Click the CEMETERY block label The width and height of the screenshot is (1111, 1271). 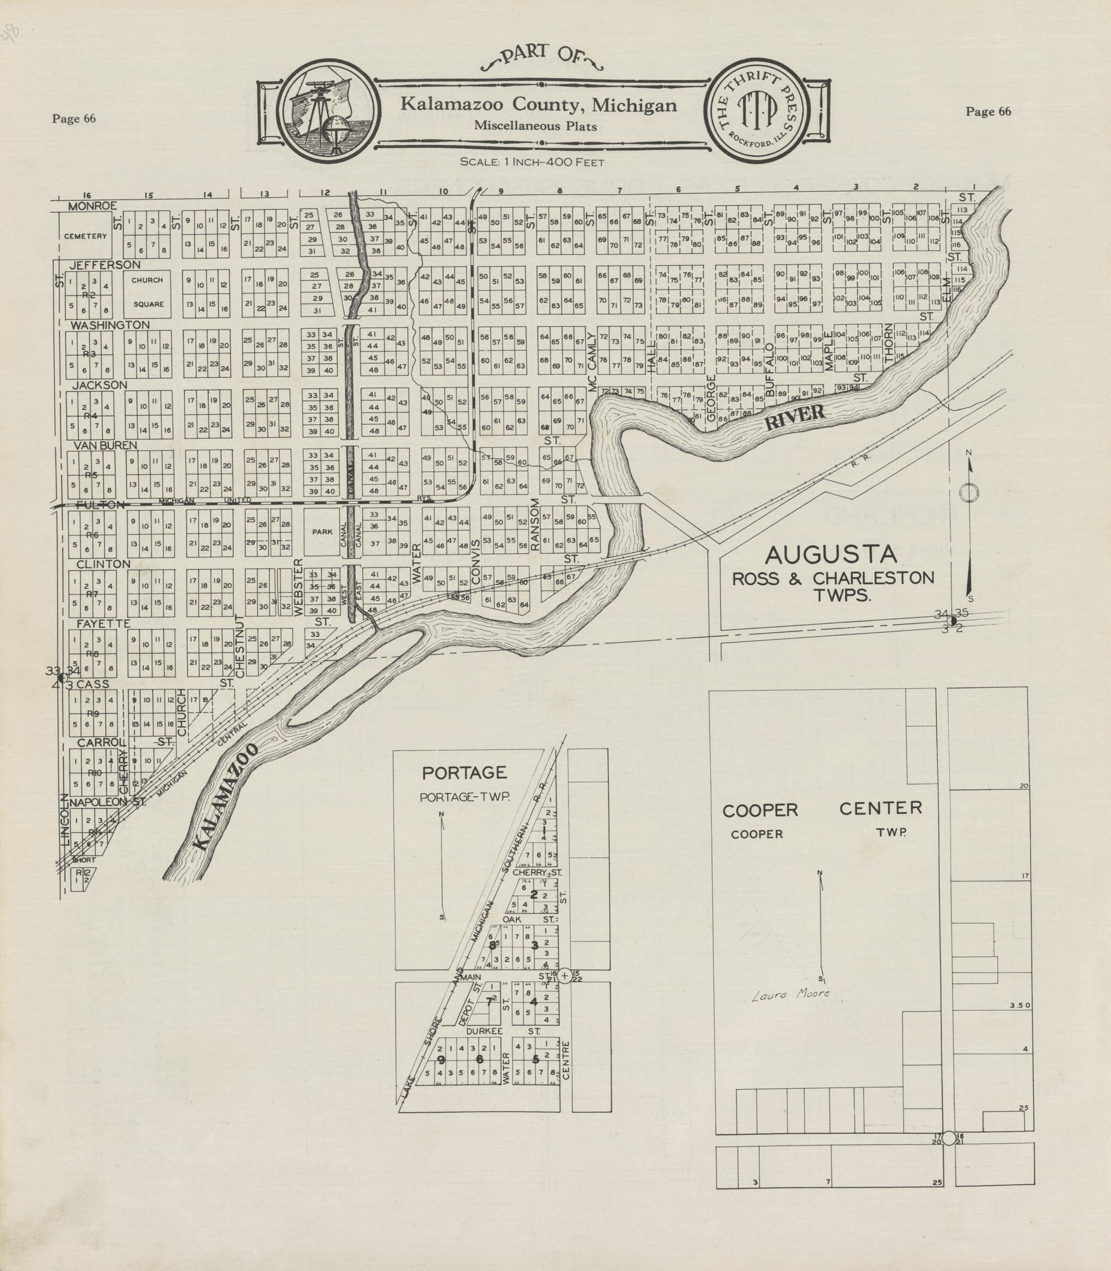85,235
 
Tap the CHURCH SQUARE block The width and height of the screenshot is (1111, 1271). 147,292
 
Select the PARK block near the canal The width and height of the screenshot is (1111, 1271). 322,532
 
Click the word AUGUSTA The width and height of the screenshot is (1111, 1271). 831,554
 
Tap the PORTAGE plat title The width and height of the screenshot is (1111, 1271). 465,772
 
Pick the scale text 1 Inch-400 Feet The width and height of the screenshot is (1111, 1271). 532,163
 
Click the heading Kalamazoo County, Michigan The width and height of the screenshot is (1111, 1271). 538,104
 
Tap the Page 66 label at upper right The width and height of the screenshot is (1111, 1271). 988,112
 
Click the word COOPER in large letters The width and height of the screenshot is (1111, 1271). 760,810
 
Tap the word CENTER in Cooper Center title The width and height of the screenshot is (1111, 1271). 880,808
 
